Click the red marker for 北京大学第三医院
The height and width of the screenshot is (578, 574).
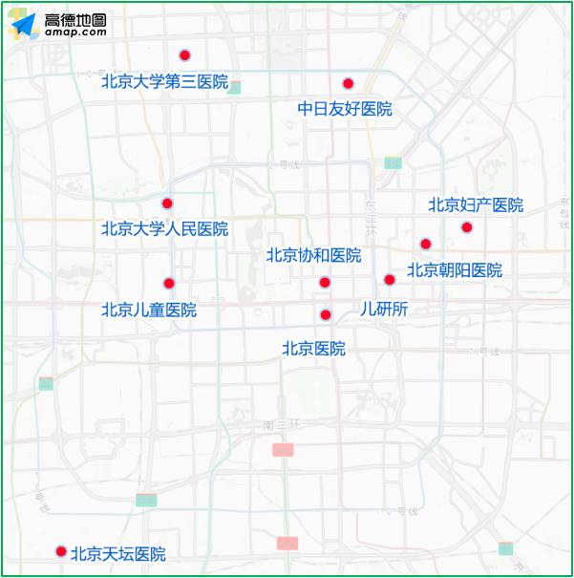185,55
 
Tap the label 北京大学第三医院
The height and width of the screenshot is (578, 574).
164,82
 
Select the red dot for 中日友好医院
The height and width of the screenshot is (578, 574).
349,83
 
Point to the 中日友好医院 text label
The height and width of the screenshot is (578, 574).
345,109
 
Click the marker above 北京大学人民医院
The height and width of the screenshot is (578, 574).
167,203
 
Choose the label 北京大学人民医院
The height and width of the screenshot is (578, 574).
164,229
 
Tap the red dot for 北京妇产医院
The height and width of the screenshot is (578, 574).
467,227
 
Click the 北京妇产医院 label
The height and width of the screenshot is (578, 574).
476,204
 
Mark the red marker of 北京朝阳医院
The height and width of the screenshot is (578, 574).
426,244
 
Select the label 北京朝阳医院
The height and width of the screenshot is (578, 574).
455,270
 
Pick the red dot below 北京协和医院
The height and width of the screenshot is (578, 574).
325,282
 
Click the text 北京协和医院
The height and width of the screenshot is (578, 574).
313,256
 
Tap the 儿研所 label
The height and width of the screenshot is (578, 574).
384,309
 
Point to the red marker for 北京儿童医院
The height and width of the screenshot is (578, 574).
169,283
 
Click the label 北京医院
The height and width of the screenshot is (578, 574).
313,349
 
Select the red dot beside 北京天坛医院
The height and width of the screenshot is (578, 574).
61,551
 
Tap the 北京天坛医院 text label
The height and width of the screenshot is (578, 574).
118,554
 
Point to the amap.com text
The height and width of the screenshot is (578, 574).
75,32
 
